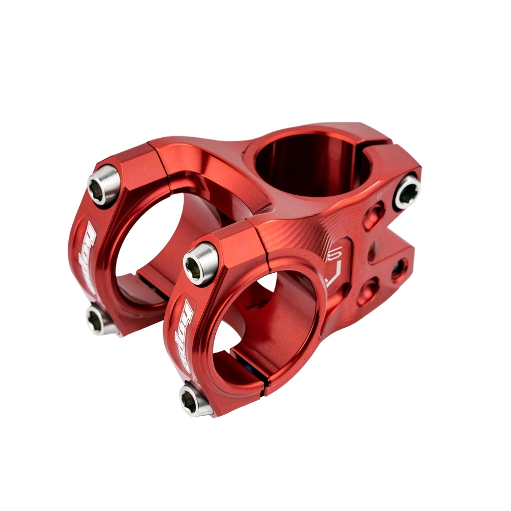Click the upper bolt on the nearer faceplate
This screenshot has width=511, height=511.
[200, 263]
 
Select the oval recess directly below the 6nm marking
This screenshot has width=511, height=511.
[374, 216]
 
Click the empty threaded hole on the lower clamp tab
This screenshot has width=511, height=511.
[399, 270]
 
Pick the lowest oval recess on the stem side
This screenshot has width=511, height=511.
[366, 291]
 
